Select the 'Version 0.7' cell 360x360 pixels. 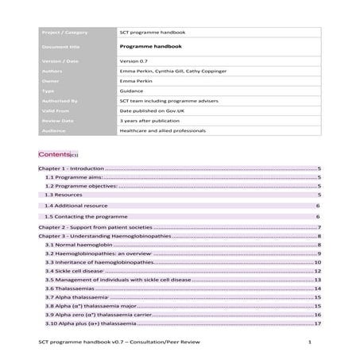click(135, 61)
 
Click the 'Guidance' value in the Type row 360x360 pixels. click(132, 91)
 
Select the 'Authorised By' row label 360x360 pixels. click(62, 102)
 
